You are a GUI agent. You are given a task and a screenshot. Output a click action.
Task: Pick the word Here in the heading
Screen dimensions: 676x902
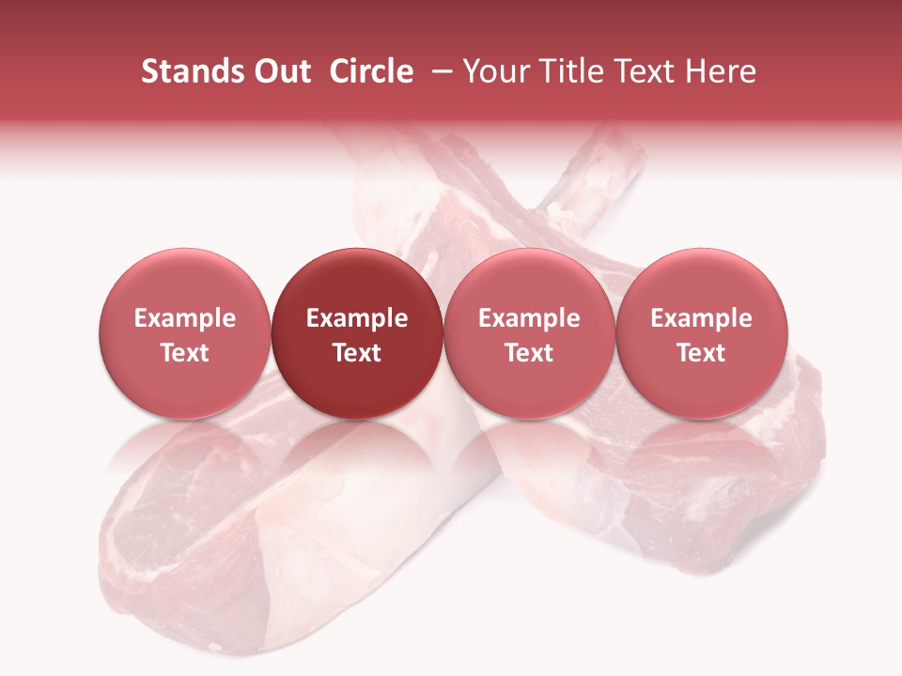click(x=722, y=71)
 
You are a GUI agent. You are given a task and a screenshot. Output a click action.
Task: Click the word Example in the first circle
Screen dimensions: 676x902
click(x=184, y=318)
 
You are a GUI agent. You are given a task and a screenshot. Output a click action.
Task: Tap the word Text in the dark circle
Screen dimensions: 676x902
click(x=357, y=353)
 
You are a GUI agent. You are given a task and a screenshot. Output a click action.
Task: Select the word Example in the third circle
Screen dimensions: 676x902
click(x=529, y=318)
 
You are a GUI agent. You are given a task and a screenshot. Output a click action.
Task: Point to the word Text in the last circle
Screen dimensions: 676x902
click(x=701, y=353)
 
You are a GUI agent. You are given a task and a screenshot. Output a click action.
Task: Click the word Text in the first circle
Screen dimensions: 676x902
click(x=184, y=353)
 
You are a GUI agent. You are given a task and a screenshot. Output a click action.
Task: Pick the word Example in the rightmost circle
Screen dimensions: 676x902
click(x=701, y=318)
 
